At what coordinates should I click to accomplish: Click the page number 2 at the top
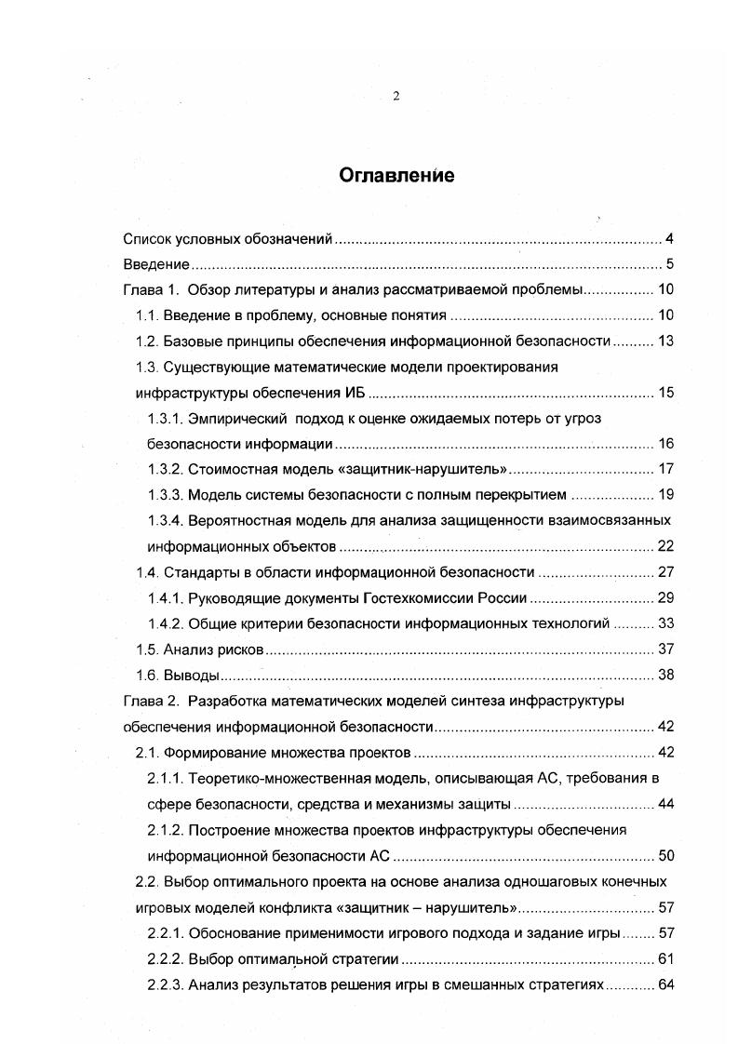point(396,96)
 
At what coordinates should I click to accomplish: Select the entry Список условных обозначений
point(228,239)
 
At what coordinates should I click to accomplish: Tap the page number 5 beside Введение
point(668,264)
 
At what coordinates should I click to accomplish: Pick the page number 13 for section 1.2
point(664,341)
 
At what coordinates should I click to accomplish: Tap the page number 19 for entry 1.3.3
point(664,494)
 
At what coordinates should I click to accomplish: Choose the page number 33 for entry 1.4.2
point(664,622)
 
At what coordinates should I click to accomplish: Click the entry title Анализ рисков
point(214,649)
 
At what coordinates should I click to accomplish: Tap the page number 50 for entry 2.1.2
point(664,855)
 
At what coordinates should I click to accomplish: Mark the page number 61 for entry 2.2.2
point(664,958)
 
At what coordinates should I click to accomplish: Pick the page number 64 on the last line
point(664,984)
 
